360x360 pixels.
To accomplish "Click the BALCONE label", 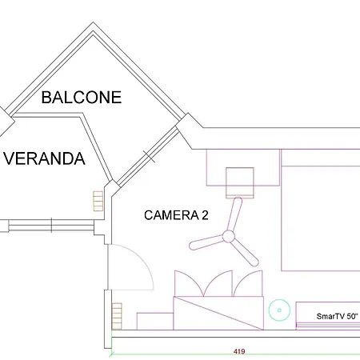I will [81, 98].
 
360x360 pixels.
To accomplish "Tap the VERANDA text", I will [44, 158].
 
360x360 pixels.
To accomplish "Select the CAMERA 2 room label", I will [176, 214].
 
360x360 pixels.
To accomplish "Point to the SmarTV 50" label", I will [338, 316].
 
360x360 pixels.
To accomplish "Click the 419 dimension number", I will [238, 351].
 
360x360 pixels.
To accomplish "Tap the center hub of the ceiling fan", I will [228, 236].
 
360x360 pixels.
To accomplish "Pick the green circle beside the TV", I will [278, 308].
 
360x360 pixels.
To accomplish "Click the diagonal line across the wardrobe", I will [218, 312].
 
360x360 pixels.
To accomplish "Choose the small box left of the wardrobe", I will [154, 320].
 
